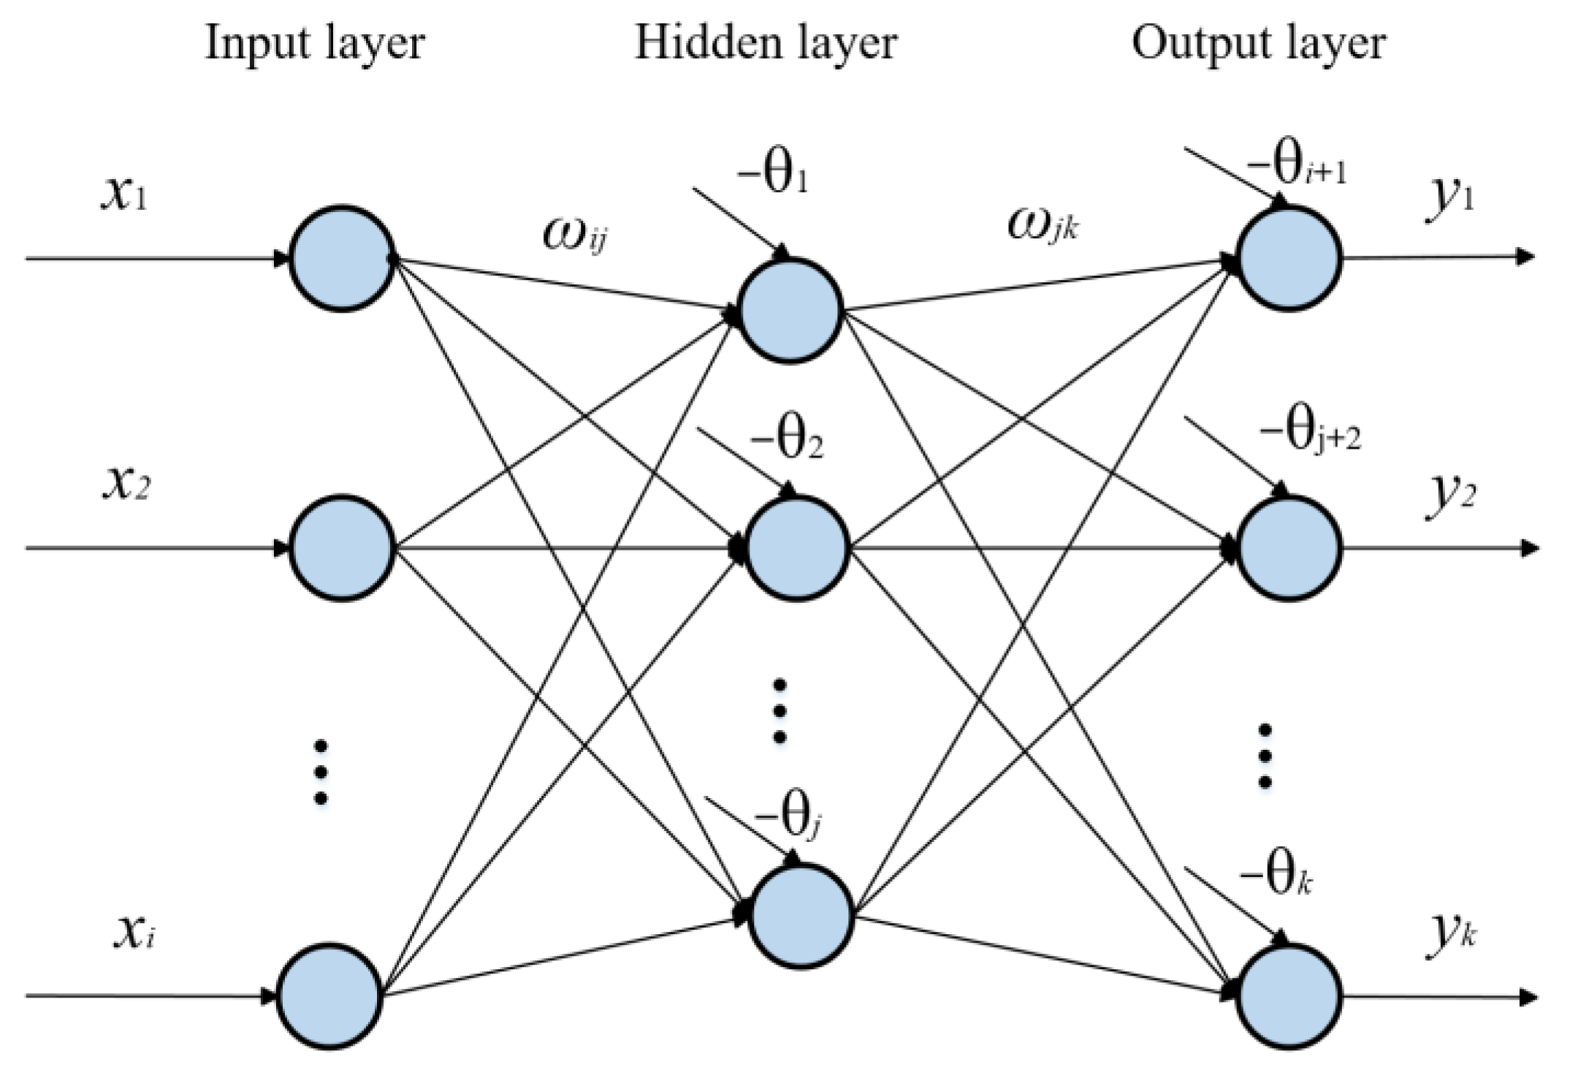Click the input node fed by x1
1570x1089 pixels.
pyautogui.click(x=343, y=259)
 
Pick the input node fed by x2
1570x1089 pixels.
pyautogui.click(x=343, y=548)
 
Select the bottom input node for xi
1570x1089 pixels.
pyautogui.click(x=329, y=995)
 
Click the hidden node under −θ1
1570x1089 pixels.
pyautogui.click(x=790, y=310)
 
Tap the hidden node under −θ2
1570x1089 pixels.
pyautogui.click(x=796, y=548)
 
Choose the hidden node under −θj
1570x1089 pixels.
pyautogui.click(x=801, y=917)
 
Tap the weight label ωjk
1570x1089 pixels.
pyautogui.click(x=1043, y=225)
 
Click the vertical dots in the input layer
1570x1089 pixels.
pyautogui.click(x=320, y=772)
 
